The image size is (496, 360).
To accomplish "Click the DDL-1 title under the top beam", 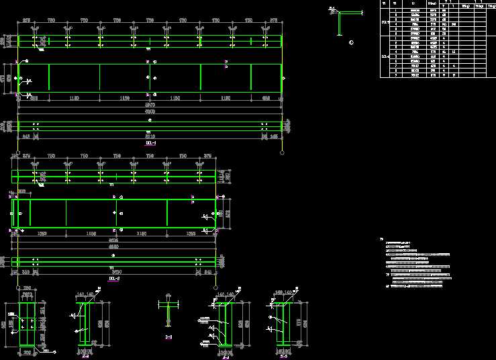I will coord(150,143).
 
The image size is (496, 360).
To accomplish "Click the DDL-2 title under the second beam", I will coord(113,277).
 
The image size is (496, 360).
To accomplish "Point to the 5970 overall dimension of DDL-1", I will coord(150,105).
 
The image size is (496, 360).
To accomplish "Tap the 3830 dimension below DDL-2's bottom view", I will coord(113,271).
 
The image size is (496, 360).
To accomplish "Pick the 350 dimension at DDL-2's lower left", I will coord(26,271).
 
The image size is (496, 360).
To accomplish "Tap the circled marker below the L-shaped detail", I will coord(352,42).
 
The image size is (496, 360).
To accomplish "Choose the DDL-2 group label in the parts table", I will coord(385,56).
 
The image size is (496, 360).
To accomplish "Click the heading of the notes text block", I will coord(382,238).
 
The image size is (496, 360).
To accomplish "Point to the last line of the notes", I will coord(413,285).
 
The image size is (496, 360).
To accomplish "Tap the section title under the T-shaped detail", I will coord(168,336).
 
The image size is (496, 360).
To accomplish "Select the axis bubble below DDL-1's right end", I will coord(281,152).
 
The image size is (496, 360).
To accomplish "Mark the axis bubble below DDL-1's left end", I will coord(17,152).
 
